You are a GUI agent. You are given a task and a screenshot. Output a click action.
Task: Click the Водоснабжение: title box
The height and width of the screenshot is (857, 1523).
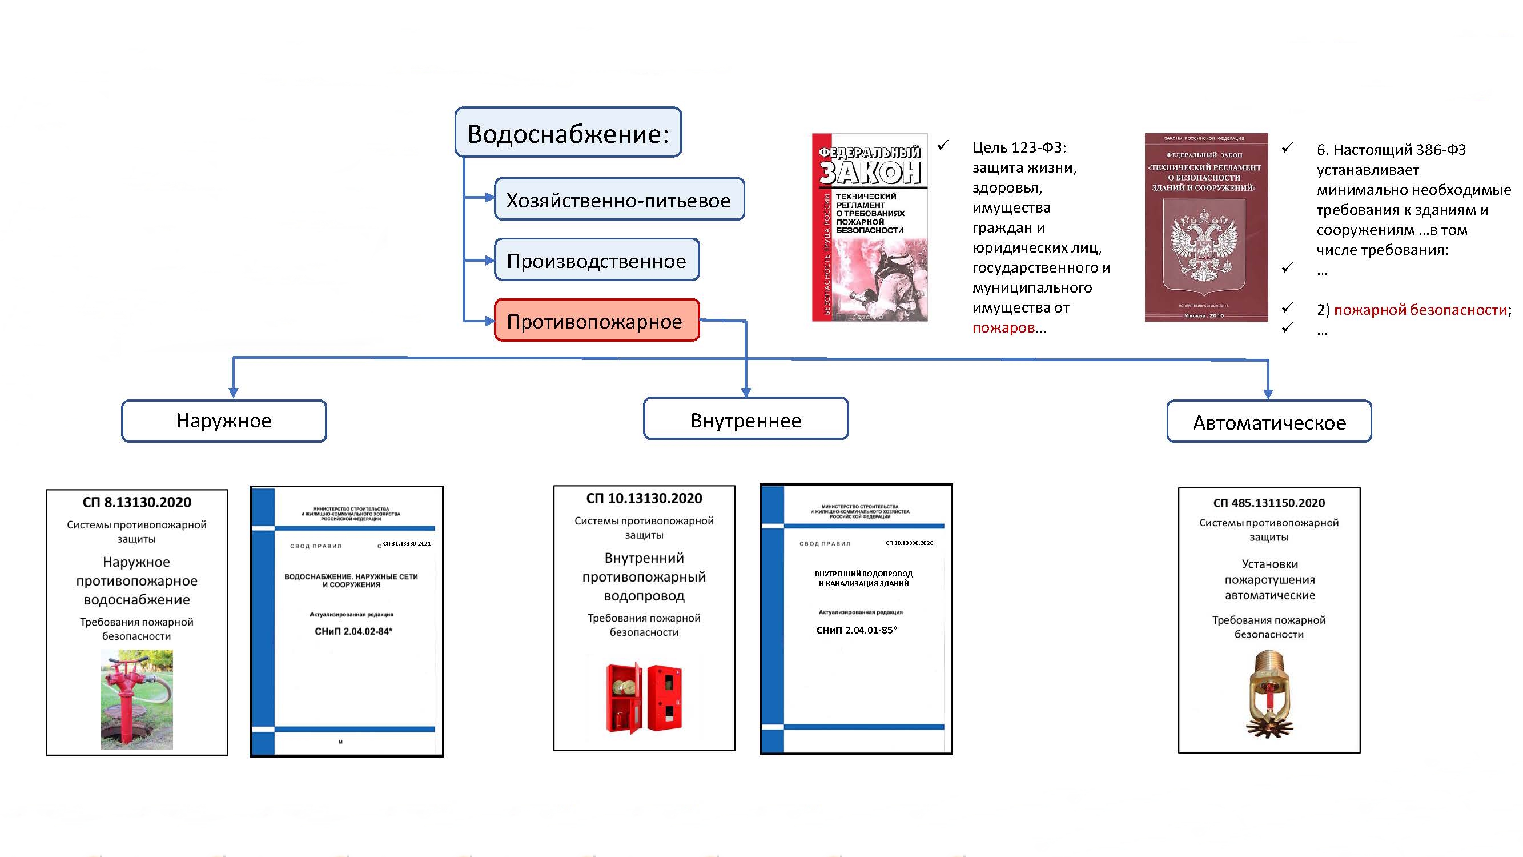568,133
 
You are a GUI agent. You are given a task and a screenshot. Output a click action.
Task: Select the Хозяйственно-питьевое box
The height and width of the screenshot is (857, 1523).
619,200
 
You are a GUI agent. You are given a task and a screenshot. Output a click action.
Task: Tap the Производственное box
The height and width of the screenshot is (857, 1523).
597,260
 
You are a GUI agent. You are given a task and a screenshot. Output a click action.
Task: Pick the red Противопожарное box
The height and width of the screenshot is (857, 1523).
597,321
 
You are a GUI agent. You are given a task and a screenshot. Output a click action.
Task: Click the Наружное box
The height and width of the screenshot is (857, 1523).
224,421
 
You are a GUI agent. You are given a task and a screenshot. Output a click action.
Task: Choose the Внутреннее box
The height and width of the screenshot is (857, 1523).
746,420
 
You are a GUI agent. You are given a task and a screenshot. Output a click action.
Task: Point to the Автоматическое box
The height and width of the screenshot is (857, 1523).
1269,422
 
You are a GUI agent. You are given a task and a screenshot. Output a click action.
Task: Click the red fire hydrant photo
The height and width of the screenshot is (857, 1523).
136,699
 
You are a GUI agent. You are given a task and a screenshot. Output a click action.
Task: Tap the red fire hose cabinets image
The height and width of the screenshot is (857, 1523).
644,698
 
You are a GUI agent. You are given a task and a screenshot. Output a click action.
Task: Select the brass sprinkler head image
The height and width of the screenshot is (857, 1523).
1269,694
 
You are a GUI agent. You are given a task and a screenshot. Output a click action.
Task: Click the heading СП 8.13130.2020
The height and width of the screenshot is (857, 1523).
136,503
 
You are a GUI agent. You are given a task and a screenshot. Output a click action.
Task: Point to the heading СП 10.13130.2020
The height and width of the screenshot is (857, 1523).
644,499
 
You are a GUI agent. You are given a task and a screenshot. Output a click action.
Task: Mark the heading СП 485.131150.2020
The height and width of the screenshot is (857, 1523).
1269,503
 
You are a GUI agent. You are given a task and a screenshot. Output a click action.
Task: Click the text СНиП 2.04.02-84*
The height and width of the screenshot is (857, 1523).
353,632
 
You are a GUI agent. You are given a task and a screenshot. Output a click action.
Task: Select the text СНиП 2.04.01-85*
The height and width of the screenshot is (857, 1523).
857,630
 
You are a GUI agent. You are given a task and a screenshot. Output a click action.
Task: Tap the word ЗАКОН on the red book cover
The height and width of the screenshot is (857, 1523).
870,172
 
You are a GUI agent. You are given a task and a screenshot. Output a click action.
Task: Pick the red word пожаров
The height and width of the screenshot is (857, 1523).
1003,327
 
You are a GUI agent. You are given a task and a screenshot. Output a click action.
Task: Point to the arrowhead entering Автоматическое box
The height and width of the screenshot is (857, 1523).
1268,394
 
